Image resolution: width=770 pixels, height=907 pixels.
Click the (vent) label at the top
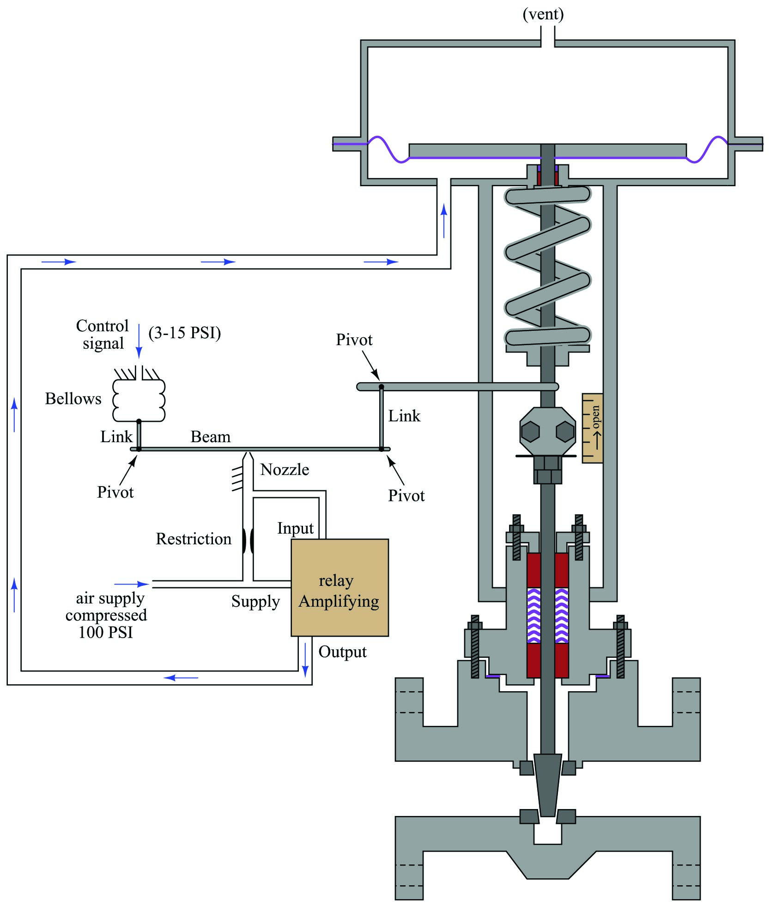(x=543, y=14)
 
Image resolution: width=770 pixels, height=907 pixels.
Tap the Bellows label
(x=73, y=398)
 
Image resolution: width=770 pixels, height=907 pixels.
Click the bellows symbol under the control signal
(x=139, y=400)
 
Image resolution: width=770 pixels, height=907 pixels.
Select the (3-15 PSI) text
(x=185, y=333)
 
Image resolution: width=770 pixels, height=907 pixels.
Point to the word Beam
(x=211, y=437)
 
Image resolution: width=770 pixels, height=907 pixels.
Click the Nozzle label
(x=285, y=469)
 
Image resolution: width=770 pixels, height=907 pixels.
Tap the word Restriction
(x=194, y=539)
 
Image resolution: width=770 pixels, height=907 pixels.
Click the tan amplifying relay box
(x=340, y=587)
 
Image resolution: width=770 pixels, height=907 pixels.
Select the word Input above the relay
(x=295, y=528)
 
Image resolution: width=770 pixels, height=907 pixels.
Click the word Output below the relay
(x=342, y=652)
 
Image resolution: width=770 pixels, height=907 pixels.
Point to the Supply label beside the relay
(x=255, y=602)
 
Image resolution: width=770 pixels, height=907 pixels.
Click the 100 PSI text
(x=106, y=632)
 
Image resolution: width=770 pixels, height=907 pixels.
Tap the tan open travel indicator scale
(x=592, y=428)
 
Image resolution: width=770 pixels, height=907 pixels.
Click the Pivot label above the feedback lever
(x=354, y=340)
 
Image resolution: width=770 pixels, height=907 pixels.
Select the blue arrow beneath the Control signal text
(x=139, y=341)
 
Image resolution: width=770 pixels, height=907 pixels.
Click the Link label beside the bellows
(x=116, y=437)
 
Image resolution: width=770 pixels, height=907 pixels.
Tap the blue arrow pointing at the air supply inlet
(x=132, y=584)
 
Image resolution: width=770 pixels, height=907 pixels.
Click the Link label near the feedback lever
(x=404, y=416)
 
